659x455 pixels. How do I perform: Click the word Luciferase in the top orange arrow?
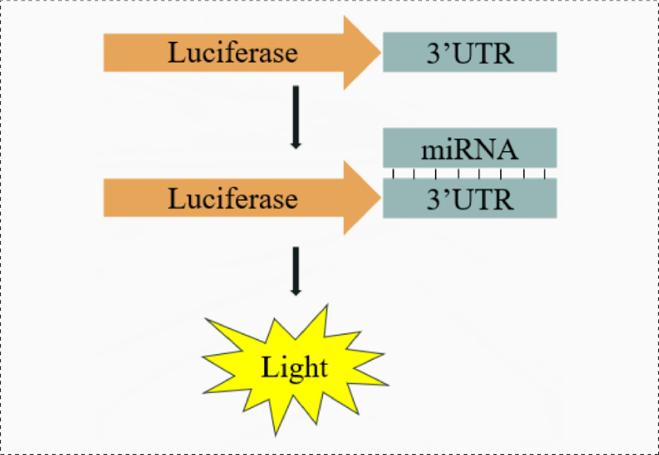pyautogui.click(x=233, y=52)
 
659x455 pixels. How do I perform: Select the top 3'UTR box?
pyautogui.click(x=470, y=52)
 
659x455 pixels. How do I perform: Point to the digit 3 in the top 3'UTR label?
pyautogui.click(x=434, y=53)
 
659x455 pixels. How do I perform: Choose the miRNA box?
pyautogui.click(x=470, y=148)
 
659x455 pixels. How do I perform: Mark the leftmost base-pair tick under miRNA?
pyautogui.click(x=393, y=173)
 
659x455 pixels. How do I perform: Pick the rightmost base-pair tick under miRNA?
pyautogui.click(x=545, y=173)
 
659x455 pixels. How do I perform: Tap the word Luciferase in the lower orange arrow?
pyautogui.click(x=233, y=198)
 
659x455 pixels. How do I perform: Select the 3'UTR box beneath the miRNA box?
pyautogui.click(x=470, y=198)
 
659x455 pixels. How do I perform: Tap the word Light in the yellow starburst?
pyautogui.click(x=295, y=368)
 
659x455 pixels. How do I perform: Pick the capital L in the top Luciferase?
pyautogui.click(x=176, y=52)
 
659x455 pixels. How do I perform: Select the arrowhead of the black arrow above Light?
pyautogui.click(x=296, y=291)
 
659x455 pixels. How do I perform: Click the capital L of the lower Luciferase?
pyautogui.click(x=176, y=198)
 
